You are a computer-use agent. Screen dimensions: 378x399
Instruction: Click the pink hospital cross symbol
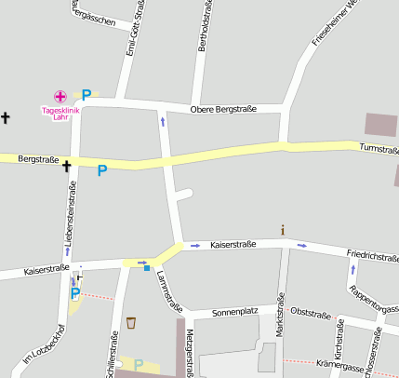pyautogui.click(x=60, y=96)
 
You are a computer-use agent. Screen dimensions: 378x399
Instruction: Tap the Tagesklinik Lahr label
pyautogui.click(x=61, y=114)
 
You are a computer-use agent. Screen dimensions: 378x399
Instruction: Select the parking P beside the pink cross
pyautogui.click(x=86, y=95)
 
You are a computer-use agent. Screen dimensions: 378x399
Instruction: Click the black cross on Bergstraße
pyautogui.click(x=67, y=167)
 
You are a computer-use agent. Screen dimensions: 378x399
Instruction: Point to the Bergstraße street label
pyautogui.click(x=38, y=160)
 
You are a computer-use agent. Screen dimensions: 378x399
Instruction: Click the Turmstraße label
pyautogui.click(x=379, y=149)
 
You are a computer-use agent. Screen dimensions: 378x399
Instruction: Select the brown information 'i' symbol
pyautogui.click(x=283, y=229)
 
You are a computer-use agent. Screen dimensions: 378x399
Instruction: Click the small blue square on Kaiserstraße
pyautogui.click(x=147, y=268)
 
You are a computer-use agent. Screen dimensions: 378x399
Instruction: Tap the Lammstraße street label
pyautogui.click(x=166, y=290)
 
